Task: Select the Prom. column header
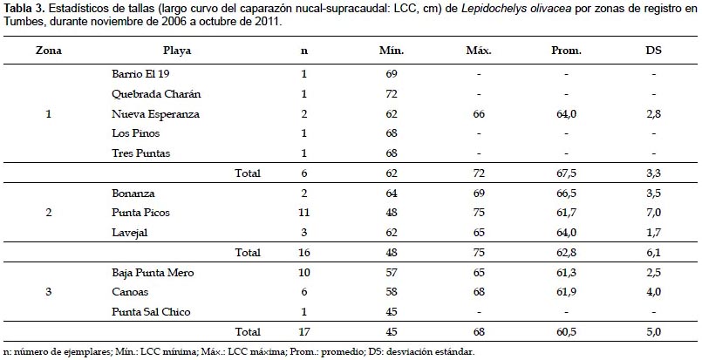[x=566, y=51]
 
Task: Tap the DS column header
[x=652, y=51]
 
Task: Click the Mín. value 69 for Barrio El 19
[x=391, y=73]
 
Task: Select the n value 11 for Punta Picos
[x=304, y=212]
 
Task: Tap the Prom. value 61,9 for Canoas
[x=566, y=292]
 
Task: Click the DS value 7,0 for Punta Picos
[x=652, y=212]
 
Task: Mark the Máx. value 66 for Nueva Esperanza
[x=479, y=114]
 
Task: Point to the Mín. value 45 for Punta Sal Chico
[x=391, y=311]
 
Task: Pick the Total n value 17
[x=304, y=332]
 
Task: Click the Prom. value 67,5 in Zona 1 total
[x=566, y=173]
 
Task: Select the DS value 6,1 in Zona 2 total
[x=652, y=253]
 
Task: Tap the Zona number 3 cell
[x=48, y=292]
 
